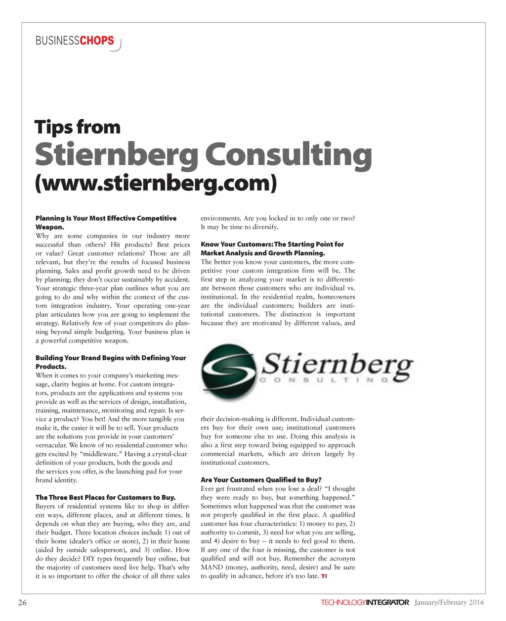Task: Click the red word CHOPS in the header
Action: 97,41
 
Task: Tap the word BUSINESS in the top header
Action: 57,41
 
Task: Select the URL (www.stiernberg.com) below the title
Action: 156,183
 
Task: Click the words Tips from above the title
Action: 78,127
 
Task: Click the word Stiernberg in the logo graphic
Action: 339,366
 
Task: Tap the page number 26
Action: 22,602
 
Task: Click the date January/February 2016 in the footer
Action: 449,602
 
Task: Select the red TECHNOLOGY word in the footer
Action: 343,603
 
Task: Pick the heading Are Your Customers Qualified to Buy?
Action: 261,480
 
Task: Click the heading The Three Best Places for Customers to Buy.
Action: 105,497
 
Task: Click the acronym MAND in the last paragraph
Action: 212,567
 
